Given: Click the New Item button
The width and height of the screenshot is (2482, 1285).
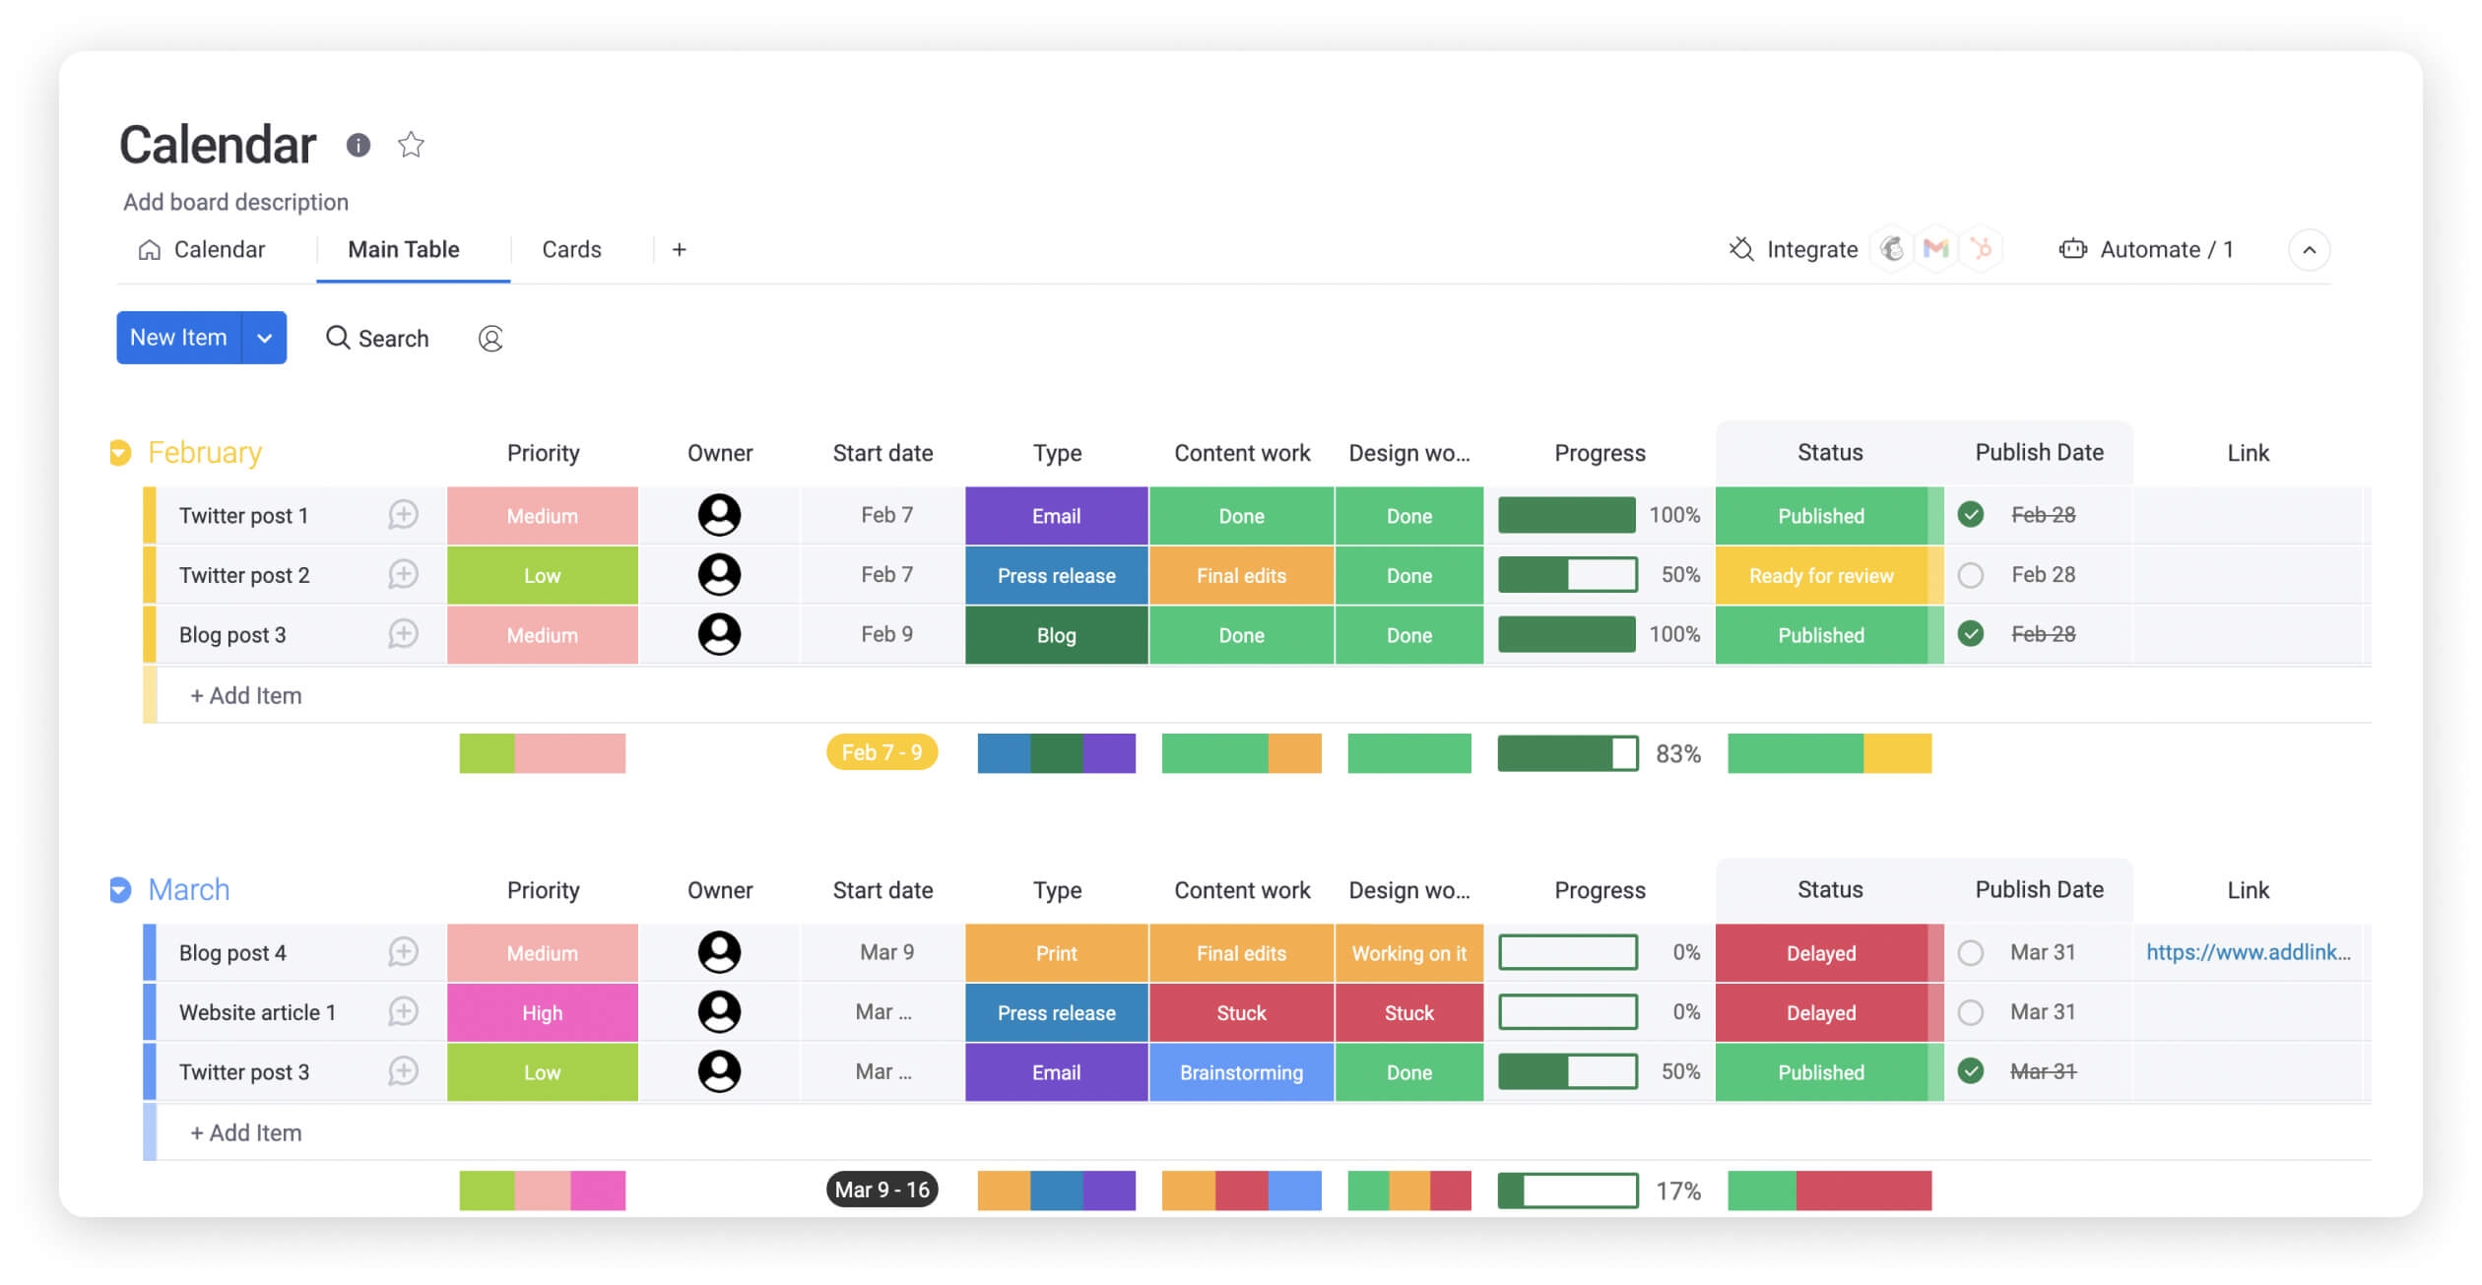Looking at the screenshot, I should [178, 338].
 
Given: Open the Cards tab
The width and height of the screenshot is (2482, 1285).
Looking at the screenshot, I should [571, 250].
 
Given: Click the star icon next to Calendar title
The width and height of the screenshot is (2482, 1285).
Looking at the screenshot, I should [411, 145].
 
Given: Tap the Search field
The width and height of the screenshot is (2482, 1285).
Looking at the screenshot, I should [378, 339].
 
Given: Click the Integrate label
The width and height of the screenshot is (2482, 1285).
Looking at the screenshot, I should [1811, 250].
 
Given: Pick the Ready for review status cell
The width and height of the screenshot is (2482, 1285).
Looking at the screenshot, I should [1820, 576].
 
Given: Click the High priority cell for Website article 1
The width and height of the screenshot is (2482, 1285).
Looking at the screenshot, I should [542, 1013].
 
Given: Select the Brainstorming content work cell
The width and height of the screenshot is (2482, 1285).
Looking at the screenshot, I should [1241, 1072].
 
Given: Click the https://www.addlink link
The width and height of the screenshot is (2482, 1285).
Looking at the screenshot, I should [2248, 952].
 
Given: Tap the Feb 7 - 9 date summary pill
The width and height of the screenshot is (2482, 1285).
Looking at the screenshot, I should [882, 753].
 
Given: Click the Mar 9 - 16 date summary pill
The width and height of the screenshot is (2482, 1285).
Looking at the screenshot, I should [882, 1190].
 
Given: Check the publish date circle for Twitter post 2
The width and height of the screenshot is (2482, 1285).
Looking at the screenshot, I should [1970, 575].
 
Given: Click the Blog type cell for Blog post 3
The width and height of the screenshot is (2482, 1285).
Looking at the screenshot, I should [1056, 635].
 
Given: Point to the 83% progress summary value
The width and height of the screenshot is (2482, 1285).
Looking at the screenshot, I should [1678, 754].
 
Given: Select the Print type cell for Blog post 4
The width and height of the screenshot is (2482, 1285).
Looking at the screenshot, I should [1056, 953].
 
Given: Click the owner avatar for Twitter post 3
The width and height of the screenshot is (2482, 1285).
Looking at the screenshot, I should [719, 1071].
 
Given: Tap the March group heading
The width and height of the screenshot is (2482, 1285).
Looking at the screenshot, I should [188, 890].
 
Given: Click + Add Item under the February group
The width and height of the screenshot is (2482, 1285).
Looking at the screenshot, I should [246, 696].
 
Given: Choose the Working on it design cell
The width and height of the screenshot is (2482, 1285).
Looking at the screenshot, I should [1408, 953].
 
